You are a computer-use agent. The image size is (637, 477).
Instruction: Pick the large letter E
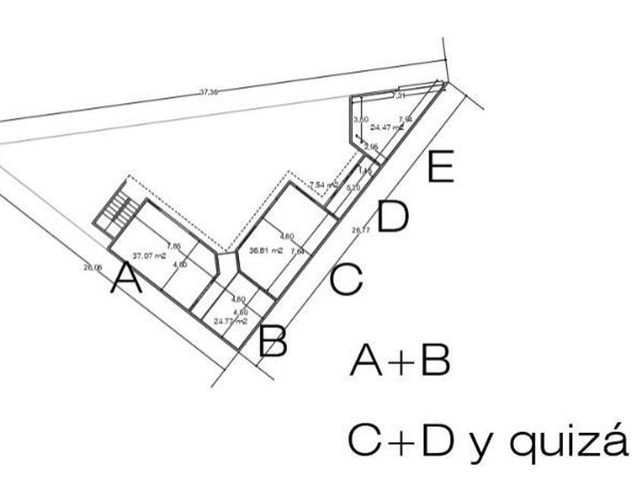[441, 167]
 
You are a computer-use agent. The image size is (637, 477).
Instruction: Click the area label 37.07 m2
[149, 255]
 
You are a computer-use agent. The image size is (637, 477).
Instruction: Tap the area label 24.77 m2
[231, 321]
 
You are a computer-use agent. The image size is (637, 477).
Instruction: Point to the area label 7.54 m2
[324, 184]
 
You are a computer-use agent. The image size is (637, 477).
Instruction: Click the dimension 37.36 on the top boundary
[209, 92]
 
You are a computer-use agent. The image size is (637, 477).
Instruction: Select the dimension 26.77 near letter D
[360, 229]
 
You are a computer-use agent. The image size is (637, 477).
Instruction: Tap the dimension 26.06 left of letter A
[93, 267]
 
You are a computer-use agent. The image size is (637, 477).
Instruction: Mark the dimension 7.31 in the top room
[398, 96]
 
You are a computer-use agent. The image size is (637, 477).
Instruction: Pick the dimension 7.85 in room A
[174, 245]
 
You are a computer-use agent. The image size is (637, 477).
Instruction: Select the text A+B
[400, 363]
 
